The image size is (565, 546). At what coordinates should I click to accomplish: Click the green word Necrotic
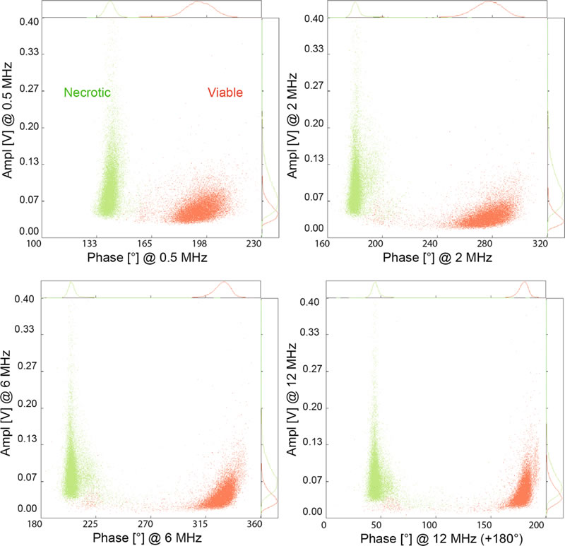click(88, 92)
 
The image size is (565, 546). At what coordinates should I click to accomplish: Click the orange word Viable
click(225, 92)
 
